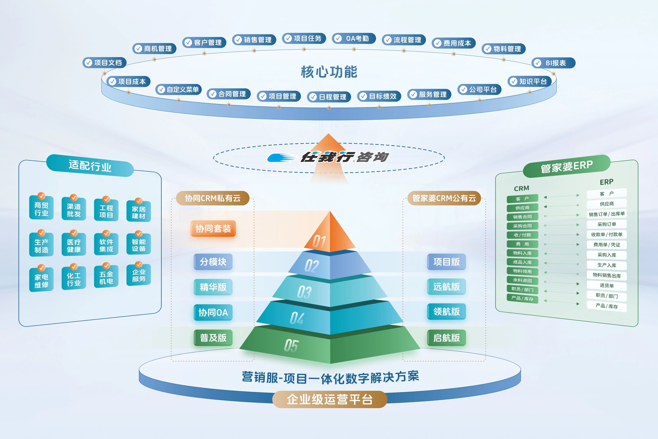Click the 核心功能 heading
(x=329, y=72)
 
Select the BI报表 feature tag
(x=553, y=63)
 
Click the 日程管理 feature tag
(x=329, y=97)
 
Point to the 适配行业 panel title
(x=90, y=166)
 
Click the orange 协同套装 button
(x=213, y=228)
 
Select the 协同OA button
(x=213, y=312)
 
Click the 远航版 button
(x=446, y=287)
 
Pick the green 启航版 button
(x=446, y=338)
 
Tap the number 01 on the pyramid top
(x=319, y=241)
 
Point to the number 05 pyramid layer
(x=291, y=346)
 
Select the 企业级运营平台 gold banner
(x=330, y=399)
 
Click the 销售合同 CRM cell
(x=522, y=217)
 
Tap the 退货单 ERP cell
(x=607, y=286)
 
